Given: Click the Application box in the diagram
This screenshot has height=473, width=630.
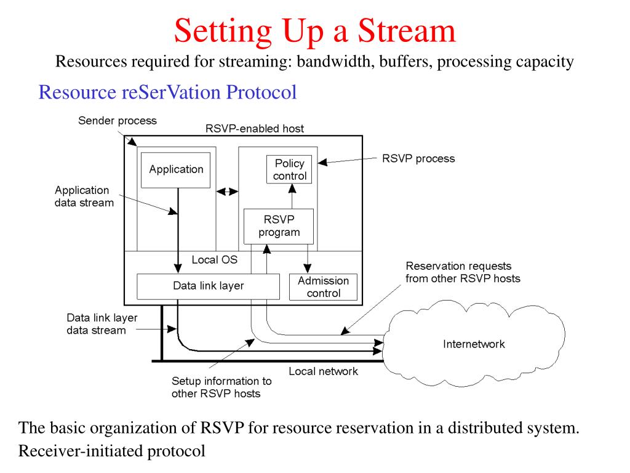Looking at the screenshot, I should [176, 169].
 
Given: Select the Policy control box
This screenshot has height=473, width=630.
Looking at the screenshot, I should [289, 169].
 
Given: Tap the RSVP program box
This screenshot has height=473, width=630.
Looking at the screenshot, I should [279, 226].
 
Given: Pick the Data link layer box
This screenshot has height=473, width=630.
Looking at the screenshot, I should [208, 286].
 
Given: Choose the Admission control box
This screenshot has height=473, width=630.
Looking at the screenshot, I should [323, 287].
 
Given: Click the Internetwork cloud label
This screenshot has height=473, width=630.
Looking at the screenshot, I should [474, 344].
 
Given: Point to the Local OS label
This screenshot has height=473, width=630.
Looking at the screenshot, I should [214, 260].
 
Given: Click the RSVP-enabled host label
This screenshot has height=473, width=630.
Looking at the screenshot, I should [254, 129].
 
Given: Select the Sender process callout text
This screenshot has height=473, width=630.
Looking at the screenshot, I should [117, 121].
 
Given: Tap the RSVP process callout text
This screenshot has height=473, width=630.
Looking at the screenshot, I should [418, 158].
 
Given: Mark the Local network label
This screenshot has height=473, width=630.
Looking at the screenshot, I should [323, 371].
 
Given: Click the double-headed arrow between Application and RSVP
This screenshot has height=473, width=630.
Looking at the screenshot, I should [228, 192].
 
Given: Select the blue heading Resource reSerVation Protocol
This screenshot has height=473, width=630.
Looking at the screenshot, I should [167, 92].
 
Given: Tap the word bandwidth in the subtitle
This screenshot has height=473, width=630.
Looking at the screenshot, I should [337, 62].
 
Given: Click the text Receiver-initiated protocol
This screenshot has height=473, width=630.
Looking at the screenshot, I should [111, 450].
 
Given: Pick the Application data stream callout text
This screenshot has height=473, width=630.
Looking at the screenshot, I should [84, 196].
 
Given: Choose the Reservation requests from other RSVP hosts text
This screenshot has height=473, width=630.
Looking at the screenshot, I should [463, 272].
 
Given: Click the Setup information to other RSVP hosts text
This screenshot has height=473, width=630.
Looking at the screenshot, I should [221, 387].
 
